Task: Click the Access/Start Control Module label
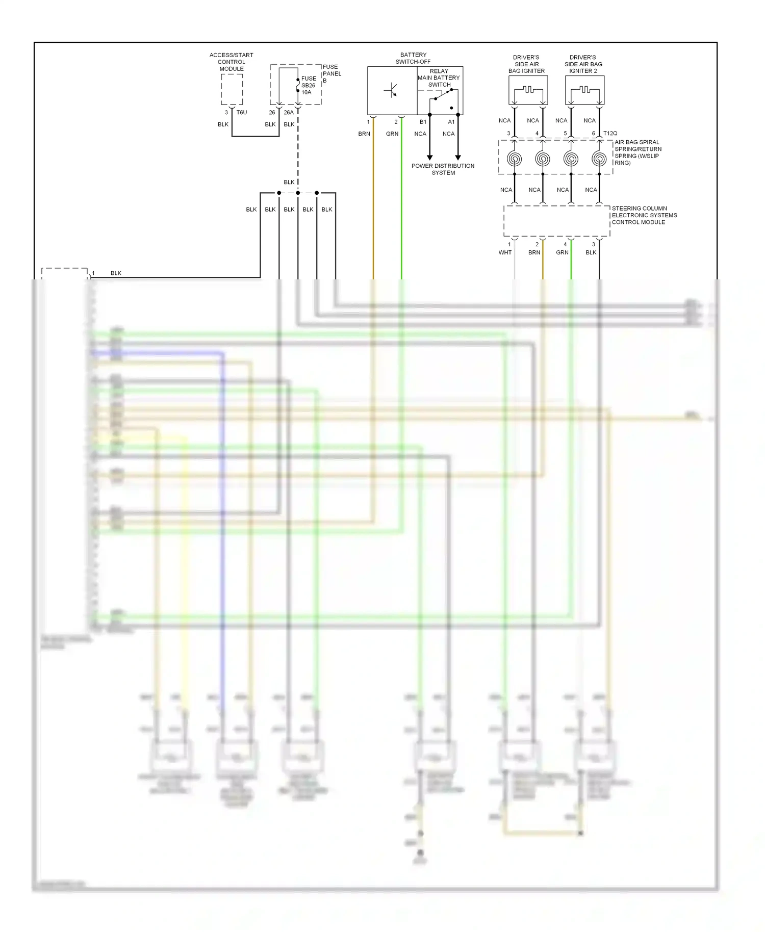pos(231,62)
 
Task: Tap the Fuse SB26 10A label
pos(308,86)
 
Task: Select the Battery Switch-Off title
pos(413,58)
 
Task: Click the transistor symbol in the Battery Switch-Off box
pos(391,91)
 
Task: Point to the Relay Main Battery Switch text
pos(439,78)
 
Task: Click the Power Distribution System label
pos(443,169)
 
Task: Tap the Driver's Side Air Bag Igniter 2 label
pos(583,64)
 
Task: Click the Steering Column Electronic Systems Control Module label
pos(644,215)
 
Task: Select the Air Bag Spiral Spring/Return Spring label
pos(637,152)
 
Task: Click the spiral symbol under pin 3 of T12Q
pos(514,159)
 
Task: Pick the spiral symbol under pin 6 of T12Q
pos(599,159)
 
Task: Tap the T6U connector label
pos(242,113)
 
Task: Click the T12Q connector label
pos(610,134)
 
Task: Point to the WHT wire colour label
pos(505,253)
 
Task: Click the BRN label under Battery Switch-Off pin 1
pos(364,134)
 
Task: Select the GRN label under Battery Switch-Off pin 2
pos(392,134)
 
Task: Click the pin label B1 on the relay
pos(423,122)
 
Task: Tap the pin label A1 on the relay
pos(451,122)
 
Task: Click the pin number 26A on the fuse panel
pos(289,113)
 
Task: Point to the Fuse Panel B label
pos(331,73)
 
